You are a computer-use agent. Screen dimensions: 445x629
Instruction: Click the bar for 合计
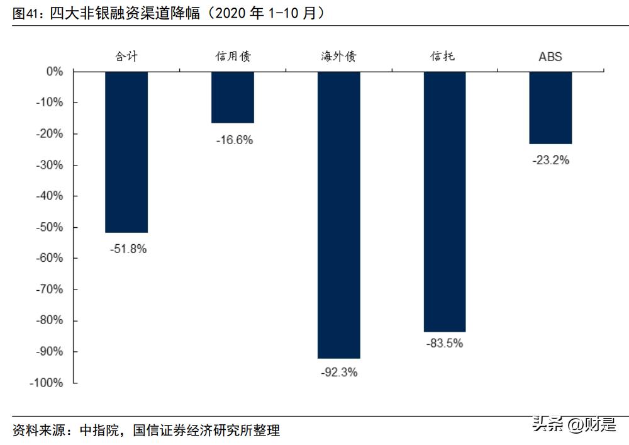pyautogui.click(x=126, y=152)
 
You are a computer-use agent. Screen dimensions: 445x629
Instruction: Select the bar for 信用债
pyautogui.click(x=233, y=97)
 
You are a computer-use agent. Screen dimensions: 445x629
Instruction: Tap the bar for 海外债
pyautogui.click(x=339, y=215)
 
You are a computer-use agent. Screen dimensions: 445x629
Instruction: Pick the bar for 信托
pyautogui.click(x=445, y=201)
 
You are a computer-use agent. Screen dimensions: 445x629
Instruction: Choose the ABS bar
pyautogui.click(x=550, y=108)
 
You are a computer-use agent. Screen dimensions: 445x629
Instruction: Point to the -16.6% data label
pyautogui.click(x=234, y=140)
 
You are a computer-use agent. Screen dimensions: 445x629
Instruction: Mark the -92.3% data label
pyautogui.click(x=339, y=373)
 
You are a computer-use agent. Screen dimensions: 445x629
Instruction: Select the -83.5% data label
pyautogui.click(x=445, y=344)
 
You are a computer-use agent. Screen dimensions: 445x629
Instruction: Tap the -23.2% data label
pyautogui.click(x=550, y=161)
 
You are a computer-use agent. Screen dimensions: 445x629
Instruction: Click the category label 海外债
pyautogui.click(x=338, y=57)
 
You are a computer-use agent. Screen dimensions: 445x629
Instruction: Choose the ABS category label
pyautogui.click(x=550, y=57)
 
